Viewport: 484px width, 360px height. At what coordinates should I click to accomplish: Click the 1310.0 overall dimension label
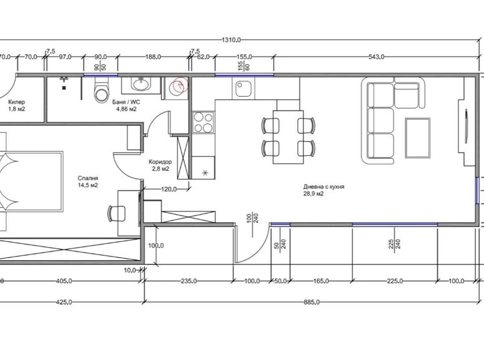pos(231,40)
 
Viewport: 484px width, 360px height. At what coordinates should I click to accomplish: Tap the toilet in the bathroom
pos(101,90)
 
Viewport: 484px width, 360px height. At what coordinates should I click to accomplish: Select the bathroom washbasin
pos(141,84)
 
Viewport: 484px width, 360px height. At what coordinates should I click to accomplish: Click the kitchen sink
pos(243,88)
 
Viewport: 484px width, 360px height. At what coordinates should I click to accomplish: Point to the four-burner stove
pos(203,122)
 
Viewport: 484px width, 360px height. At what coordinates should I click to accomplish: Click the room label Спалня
pos(88,178)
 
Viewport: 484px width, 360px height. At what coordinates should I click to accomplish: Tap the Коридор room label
pos(160,162)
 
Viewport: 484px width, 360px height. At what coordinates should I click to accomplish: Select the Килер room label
pos(17,102)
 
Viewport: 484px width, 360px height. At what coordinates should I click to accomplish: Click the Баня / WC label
pos(126,102)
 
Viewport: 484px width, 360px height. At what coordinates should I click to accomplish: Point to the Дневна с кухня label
pos(324,187)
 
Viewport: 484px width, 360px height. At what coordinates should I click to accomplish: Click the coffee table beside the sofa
pos(418,138)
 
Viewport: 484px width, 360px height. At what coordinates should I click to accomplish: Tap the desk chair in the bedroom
pos(117,214)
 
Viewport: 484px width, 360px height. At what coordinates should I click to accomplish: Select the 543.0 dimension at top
pos(376,57)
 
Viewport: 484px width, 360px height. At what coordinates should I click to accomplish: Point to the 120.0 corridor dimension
pos(169,189)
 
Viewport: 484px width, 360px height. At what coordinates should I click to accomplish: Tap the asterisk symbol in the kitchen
pos(205,173)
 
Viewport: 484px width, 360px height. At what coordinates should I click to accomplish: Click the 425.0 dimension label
pos(64,302)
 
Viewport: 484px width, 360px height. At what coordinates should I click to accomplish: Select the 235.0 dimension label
pos(188,281)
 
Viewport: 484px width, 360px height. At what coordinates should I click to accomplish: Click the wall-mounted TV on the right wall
pos(466,127)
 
